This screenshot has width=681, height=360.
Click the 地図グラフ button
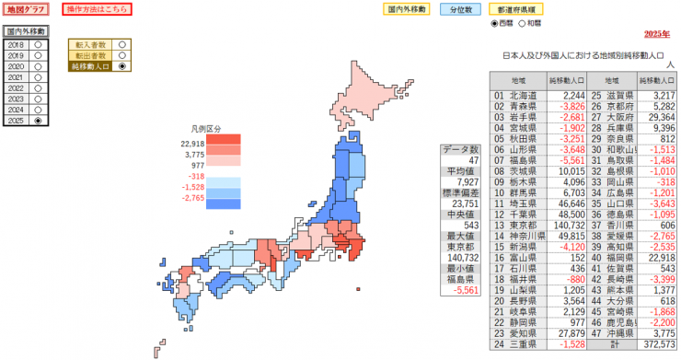(27, 9)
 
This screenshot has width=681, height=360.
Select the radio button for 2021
(38, 77)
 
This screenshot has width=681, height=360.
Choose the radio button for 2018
(38, 44)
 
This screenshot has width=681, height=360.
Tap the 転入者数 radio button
(121, 44)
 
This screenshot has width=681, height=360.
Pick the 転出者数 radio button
(121, 55)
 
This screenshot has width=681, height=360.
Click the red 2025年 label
(656, 34)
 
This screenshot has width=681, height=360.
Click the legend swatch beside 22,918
(223, 143)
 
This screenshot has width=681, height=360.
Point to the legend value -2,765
(193, 198)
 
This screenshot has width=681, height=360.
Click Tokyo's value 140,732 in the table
(567, 225)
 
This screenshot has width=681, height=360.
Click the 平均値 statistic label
(461, 171)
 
